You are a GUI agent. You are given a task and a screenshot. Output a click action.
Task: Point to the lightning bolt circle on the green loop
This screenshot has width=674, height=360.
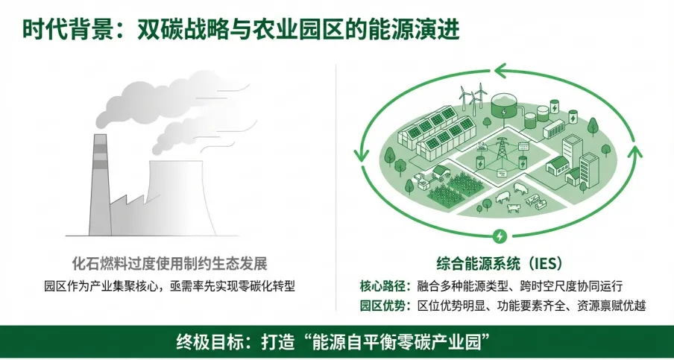point(499,237)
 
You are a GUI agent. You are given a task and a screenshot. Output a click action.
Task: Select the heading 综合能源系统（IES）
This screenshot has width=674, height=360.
point(499,263)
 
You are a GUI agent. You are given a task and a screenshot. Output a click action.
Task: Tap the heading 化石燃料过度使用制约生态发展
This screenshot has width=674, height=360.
point(169,263)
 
